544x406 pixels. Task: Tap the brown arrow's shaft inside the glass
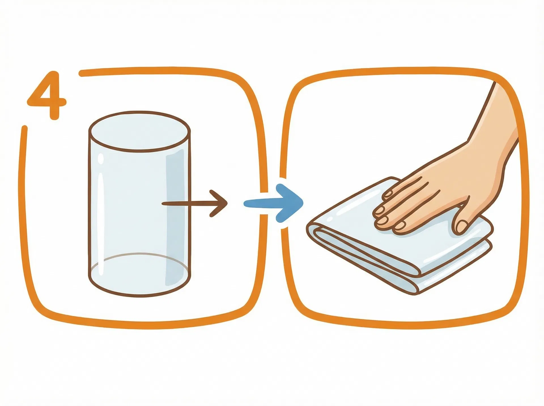pos(176,203)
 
